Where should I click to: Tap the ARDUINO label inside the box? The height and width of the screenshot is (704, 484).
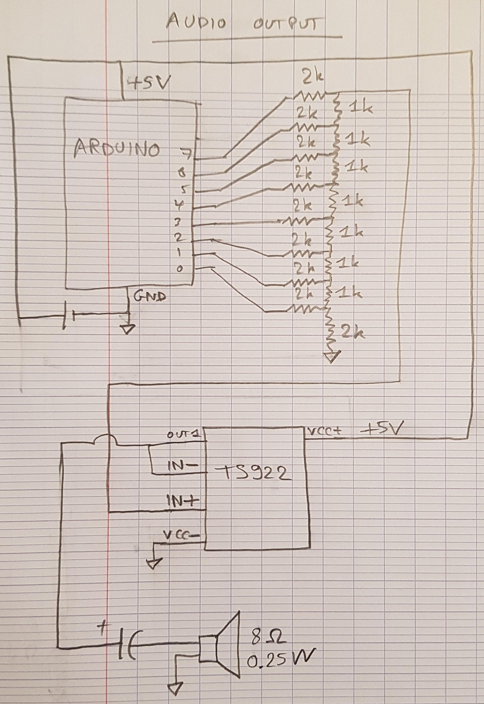pyautogui.click(x=117, y=149)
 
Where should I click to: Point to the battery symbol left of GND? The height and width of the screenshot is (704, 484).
pyautogui.click(x=68, y=318)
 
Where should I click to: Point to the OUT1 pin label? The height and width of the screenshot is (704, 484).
pyautogui.click(x=186, y=435)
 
